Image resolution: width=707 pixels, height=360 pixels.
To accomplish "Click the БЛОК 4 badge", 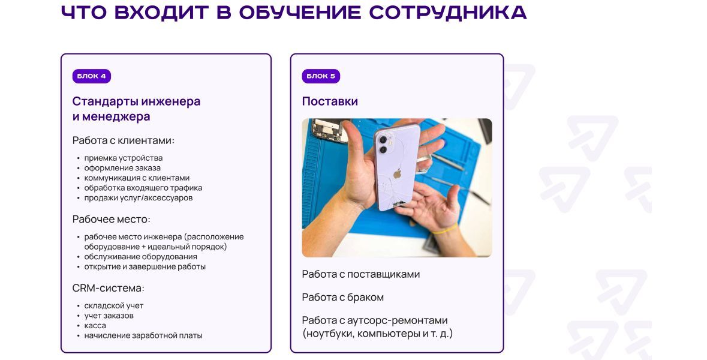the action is click(92, 76).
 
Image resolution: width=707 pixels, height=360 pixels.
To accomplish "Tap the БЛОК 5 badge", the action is click(321, 76).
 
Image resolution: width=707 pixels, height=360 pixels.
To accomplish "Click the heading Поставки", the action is click(330, 101).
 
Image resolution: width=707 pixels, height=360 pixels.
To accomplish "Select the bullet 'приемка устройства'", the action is click(124, 158).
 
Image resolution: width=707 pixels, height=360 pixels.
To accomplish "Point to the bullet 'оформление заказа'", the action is click(122, 168).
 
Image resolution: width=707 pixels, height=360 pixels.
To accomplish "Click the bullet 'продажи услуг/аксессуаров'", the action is click(139, 197).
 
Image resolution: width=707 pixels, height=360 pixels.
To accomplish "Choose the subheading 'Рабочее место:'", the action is click(112, 219).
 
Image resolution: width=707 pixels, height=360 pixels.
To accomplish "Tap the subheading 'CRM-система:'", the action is click(108, 288).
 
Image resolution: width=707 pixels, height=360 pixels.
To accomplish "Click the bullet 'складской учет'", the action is click(113, 305).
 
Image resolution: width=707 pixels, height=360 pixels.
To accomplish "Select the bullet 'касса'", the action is click(95, 325).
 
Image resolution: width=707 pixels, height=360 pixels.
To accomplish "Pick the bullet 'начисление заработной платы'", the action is click(143, 335).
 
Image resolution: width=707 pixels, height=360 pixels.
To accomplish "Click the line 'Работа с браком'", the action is click(342, 297).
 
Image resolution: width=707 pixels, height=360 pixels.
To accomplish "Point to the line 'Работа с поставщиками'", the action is click(361, 274).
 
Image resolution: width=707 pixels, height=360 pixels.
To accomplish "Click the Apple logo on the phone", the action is click(397, 173).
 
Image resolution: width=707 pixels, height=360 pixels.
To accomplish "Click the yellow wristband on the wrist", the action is click(444, 229).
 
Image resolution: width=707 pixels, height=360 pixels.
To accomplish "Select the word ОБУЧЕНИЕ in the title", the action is click(300, 13).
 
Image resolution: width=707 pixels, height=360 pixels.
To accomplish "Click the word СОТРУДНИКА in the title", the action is click(448, 13).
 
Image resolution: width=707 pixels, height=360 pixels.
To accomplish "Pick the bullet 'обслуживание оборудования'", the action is click(141, 257).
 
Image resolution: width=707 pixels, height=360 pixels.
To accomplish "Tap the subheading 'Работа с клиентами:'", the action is click(123, 140).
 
